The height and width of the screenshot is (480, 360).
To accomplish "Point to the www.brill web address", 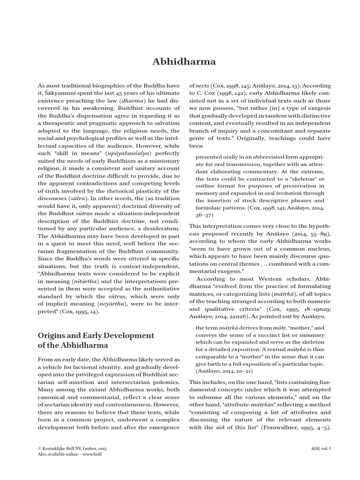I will [91, 454].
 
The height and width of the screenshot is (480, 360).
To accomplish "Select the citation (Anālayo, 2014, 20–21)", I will [224, 370].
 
